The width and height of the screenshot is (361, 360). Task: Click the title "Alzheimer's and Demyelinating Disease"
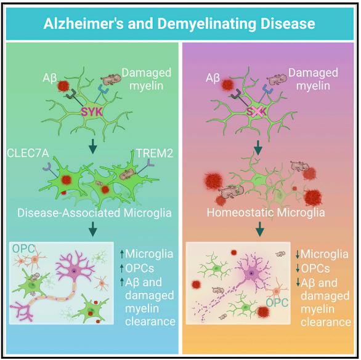pyautogui.click(x=179, y=24)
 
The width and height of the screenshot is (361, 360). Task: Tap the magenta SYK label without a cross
pyautogui.click(x=92, y=112)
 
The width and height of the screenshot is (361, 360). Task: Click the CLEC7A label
pyautogui.click(x=28, y=153)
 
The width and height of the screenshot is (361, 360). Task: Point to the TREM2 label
pyautogui.click(x=155, y=153)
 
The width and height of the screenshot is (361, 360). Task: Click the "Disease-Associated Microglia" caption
pyautogui.click(x=94, y=213)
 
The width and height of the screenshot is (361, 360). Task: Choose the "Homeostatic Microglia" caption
pyautogui.click(x=266, y=212)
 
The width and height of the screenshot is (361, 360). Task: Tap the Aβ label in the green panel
pyautogui.click(x=50, y=78)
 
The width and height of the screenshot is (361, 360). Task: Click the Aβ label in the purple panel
pyautogui.click(x=213, y=78)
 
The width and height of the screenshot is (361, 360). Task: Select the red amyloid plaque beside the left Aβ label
pyautogui.click(x=63, y=86)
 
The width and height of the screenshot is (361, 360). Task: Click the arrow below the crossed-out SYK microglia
pyautogui.click(x=258, y=148)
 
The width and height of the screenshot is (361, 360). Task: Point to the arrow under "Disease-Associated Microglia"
pyautogui.click(x=92, y=229)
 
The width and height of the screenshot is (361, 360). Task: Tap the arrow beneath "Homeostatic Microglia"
pyautogui.click(x=260, y=229)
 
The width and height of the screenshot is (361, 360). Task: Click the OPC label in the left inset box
pyautogui.click(x=23, y=249)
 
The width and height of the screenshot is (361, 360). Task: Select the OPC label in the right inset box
pyautogui.click(x=277, y=303)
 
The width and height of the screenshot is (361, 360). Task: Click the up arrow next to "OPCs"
pyautogui.click(x=122, y=268)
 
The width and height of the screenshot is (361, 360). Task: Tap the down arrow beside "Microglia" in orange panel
pyautogui.click(x=298, y=254)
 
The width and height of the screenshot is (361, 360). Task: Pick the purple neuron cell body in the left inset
pyautogui.click(x=74, y=271)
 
